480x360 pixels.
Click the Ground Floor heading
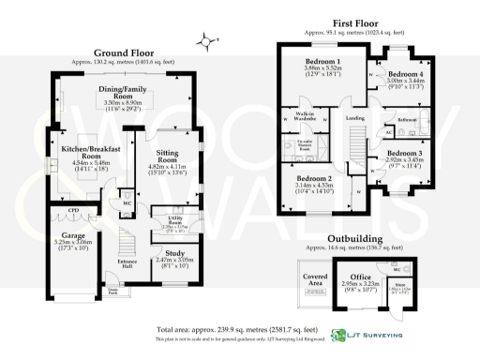(122, 52)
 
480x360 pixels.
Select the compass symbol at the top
(206, 40)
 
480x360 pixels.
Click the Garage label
(73, 234)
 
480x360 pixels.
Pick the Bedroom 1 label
(322, 63)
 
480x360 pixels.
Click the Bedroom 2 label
(315, 178)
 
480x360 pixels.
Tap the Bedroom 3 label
(405, 152)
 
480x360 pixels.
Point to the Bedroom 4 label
(406, 73)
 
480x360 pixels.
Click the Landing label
(354, 119)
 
